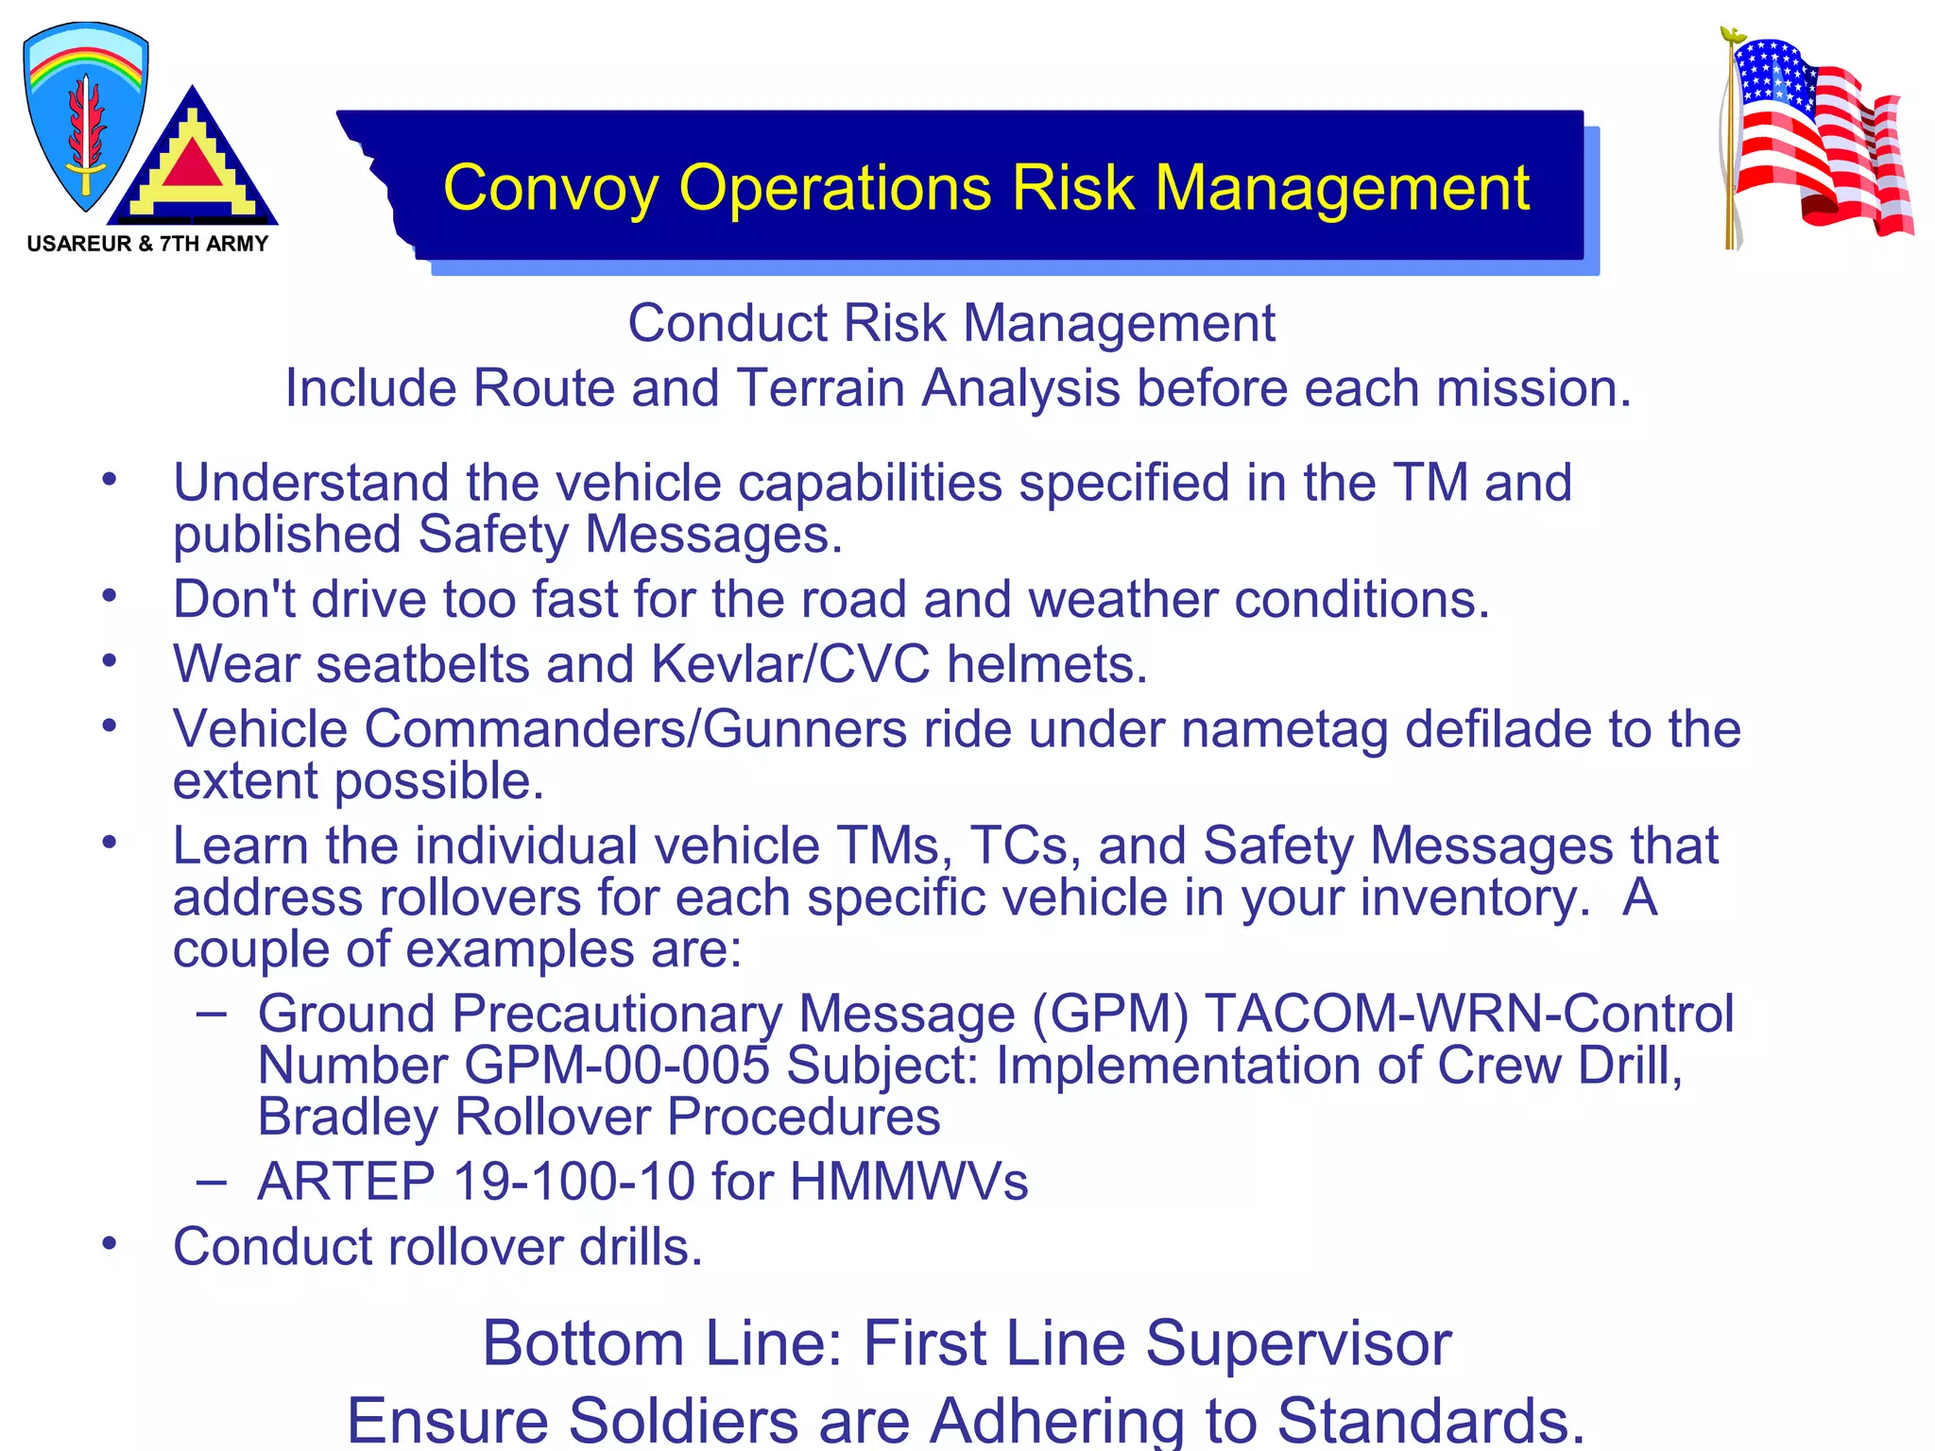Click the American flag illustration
(x=1816, y=140)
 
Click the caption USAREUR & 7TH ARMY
(x=147, y=244)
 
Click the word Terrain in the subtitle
(x=819, y=388)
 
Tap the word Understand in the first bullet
(x=311, y=483)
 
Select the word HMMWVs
(x=909, y=1182)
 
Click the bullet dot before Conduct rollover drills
(x=110, y=1243)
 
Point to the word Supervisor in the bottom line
(x=1298, y=1343)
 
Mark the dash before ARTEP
(x=212, y=1181)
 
